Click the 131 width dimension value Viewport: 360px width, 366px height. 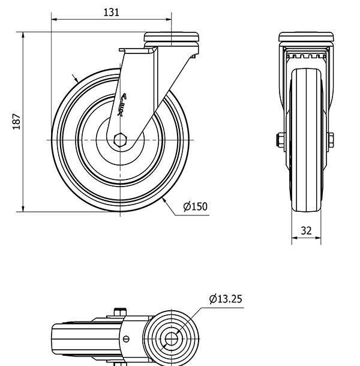pyautogui.click(x=111, y=12)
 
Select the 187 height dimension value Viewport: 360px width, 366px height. pyautogui.click(x=17, y=121)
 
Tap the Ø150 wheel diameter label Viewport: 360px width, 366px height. pyautogui.click(x=195, y=207)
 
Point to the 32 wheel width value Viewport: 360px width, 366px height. pyautogui.click(x=306, y=230)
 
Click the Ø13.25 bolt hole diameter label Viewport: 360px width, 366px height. pyautogui.click(x=226, y=299)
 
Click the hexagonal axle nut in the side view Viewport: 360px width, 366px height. pyautogui.click(x=120, y=139)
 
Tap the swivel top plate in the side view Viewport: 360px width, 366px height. pyautogui.click(x=172, y=38)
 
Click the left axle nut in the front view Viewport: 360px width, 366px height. pyautogui.click(x=280, y=140)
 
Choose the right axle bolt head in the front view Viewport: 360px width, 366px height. pyautogui.click(x=331, y=140)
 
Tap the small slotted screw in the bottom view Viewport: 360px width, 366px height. pyautogui.click(x=127, y=338)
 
